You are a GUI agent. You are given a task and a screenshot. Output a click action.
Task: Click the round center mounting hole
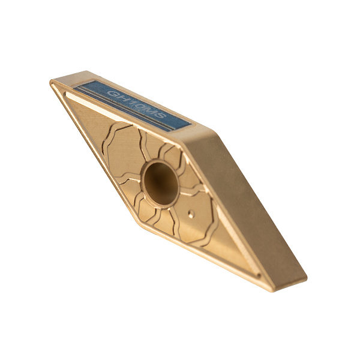161,183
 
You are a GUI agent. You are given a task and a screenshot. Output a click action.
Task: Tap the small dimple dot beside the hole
191,214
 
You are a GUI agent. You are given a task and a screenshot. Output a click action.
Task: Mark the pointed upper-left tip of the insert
51,82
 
